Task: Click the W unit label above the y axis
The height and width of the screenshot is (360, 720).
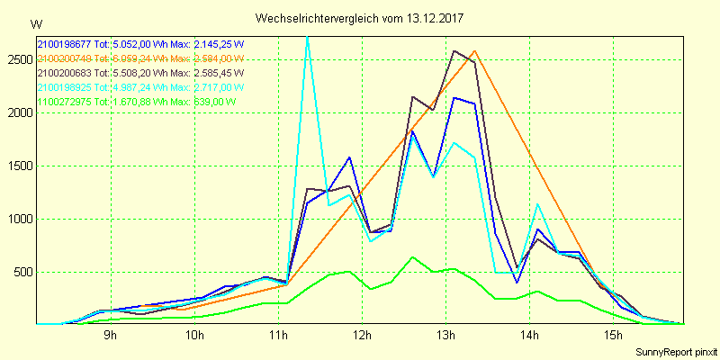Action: click(x=35, y=23)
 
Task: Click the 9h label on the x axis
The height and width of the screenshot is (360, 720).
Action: click(x=110, y=336)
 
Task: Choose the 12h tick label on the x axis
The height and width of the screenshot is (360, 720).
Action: click(x=362, y=336)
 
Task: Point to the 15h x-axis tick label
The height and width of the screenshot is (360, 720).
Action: click(x=613, y=336)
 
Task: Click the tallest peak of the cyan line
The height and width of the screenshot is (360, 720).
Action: click(x=308, y=36)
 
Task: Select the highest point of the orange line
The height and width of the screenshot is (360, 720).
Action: click(x=475, y=51)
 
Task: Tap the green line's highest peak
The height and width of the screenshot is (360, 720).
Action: click(x=412, y=257)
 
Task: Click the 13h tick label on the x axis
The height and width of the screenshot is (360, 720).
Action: click(x=445, y=336)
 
